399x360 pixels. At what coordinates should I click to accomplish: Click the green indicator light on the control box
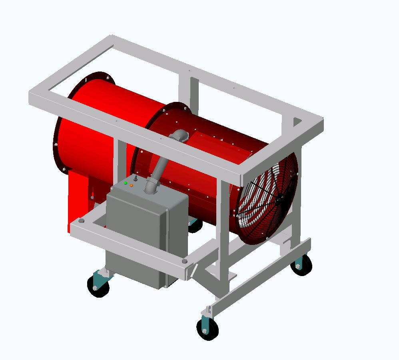click(126, 183)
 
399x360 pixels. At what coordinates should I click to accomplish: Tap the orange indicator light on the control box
click(131, 185)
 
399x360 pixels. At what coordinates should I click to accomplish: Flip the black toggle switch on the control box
click(136, 179)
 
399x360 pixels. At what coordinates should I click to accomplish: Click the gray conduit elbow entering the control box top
click(151, 186)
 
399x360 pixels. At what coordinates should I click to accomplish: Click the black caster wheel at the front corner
click(208, 329)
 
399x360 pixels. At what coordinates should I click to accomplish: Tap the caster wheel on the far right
click(301, 265)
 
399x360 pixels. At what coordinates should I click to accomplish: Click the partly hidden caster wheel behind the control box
click(195, 225)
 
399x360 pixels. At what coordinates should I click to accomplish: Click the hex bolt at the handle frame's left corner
click(82, 221)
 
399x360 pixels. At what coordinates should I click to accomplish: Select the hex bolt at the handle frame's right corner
click(184, 261)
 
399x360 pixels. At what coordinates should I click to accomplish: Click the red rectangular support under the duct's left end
click(78, 200)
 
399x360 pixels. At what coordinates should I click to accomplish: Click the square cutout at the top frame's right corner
click(297, 121)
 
